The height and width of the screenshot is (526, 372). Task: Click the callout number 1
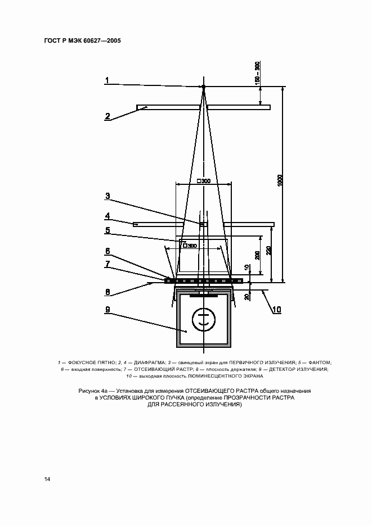(106, 80)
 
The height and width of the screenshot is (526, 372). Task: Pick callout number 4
(106, 215)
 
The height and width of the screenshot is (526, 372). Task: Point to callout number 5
(106, 230)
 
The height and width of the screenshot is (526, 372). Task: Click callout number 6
(106, 251)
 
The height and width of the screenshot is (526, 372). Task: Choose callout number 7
(106, 264)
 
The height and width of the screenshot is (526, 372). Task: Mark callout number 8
(106, 292)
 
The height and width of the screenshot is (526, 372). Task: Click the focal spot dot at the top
(204, 86)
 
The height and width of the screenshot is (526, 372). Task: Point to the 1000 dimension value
(280, 182)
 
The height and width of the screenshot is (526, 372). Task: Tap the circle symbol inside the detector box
(203, 320)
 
